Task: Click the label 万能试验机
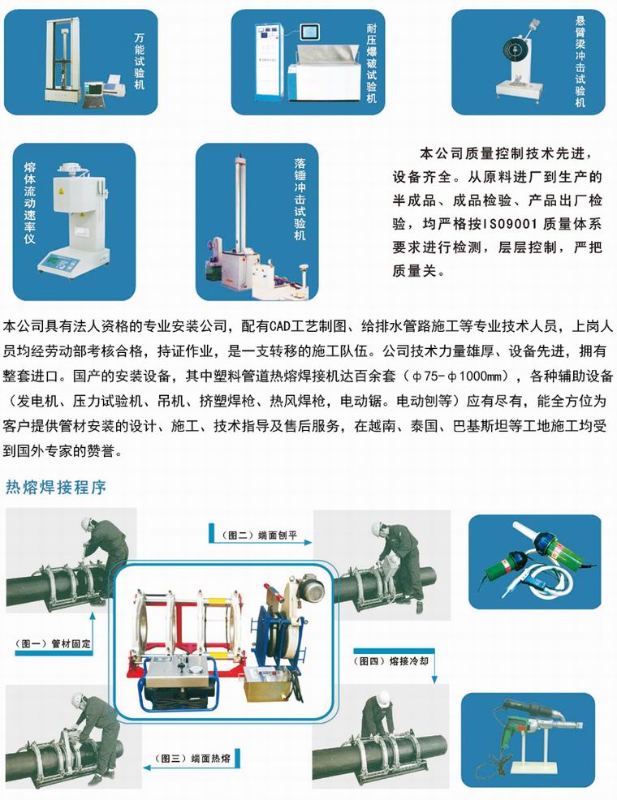tap(140, 61)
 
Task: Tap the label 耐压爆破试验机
tap(372, 63)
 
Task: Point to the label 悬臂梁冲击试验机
tap(580, 61)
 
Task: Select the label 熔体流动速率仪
tap(29, 203)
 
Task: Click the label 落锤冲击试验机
tap(300, 199)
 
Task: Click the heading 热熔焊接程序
tap(56, 488)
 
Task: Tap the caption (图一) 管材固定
tap(53, 644)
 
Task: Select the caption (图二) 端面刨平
tap(259, 535)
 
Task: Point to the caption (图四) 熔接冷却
tap(391, 661)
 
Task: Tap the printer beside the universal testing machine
tap(114, 86)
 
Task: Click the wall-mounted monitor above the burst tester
tap(309, 32)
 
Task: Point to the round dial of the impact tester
tap(514, 49)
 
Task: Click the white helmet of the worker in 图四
tap(382, 698)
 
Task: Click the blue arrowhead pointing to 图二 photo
tap(308, 542)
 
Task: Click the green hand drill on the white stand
tap(511, 727)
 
